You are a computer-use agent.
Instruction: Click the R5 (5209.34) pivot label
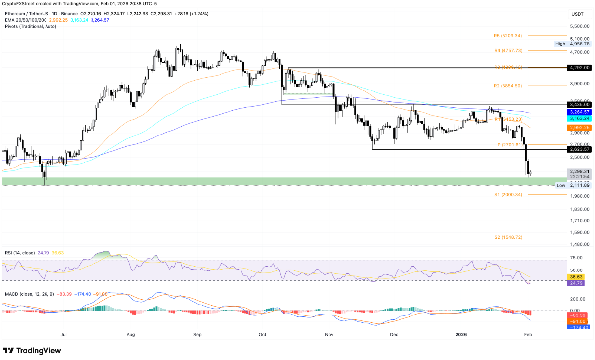click(508, 36)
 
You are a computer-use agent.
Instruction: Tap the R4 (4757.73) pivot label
click(508, 50)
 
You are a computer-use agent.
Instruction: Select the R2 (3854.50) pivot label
click(508, 86)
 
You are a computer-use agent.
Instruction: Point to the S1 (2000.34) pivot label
click(508, 195)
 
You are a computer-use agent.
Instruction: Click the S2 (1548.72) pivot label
click(508, 237)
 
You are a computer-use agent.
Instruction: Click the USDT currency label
click(577, 14)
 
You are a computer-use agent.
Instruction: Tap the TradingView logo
click(33, 350)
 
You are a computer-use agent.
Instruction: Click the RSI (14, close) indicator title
click(20, 253)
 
